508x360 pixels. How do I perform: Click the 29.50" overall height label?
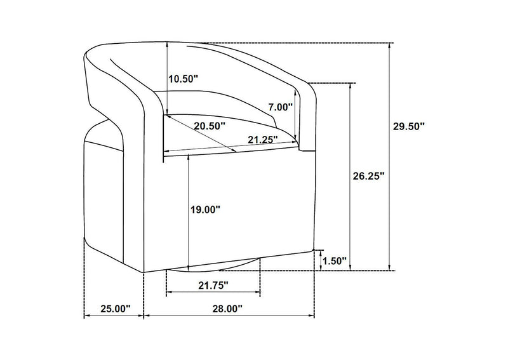click(x=409, y=126)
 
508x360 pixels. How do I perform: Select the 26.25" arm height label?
click(x=369, y=176)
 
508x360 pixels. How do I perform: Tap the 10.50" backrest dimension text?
click(x=184, y=79)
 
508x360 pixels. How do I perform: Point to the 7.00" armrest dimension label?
click(x=280, y=107)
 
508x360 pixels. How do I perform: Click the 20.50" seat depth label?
click(x=210, y=126)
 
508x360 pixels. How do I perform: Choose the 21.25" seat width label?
click(x=263, y=140)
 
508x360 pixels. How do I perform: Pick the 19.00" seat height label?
click(x=205, y=210)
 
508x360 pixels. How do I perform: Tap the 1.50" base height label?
click(x=335, y=260)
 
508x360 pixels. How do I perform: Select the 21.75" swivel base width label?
click(x=213, y=286)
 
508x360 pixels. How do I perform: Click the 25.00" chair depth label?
click(x=115, y=309)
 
